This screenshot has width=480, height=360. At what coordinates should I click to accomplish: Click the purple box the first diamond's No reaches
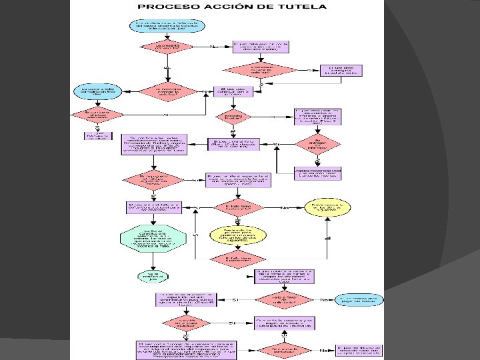tap(261, 47)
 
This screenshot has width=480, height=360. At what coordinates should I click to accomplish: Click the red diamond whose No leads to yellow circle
tap(237, 207)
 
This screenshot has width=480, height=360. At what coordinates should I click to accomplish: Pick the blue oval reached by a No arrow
tap(361, 300)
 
